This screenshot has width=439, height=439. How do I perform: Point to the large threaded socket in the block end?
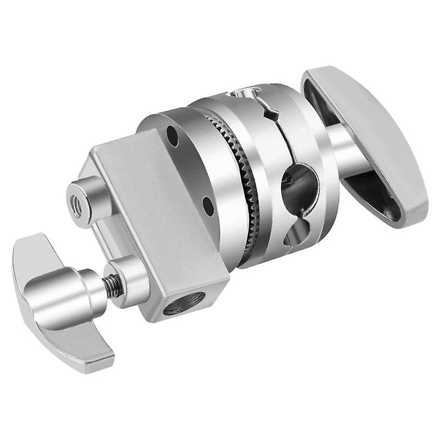183,303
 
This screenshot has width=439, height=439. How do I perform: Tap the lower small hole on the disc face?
207,207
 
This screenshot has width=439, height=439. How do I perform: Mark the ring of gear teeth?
248,181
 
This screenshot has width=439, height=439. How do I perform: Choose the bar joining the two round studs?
99,241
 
